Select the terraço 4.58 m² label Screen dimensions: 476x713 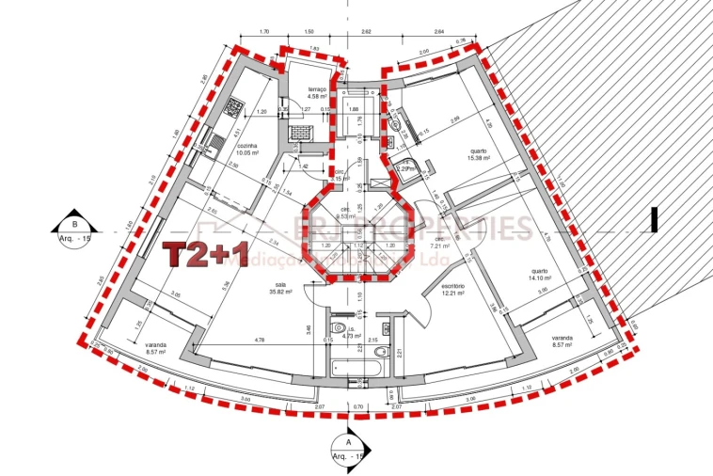[315, 92]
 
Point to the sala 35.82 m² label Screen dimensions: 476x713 [279, 288]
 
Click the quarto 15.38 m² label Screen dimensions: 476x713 [478, 154]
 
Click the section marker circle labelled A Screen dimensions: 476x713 [348, 444]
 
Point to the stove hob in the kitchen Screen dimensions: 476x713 [231, 110]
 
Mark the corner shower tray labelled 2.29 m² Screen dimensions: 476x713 [406, 171]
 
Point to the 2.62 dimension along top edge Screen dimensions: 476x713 [365, 31]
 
